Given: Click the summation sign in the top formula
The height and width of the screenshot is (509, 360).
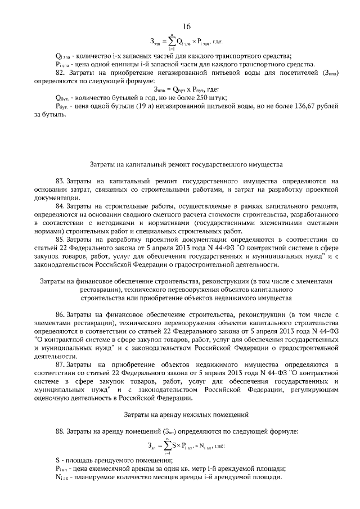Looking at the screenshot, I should coord(170,41).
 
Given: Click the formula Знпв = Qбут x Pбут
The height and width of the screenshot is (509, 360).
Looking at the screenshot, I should coord(181,89).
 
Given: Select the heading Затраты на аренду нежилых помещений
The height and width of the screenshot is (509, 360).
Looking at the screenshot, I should coord(186,415).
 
